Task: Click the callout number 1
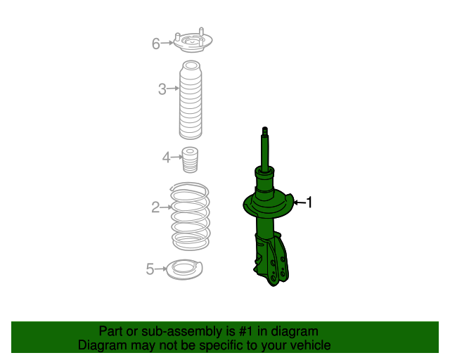click(x=308, y=202)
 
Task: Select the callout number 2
click(x=155, y=207)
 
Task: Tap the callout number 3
click(x=162, y=89)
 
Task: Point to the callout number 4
click(x=167, y=157)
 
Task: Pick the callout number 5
click(x=150, y=268)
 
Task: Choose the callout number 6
click(x=155, y=44)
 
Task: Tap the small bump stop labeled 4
click(x=190, y=160)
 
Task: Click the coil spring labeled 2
click(x=191, y=215)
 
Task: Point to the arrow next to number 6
click(x=167, y=44)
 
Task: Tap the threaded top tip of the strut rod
click(x=265, y=130)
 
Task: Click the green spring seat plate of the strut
click(x=267, y=206)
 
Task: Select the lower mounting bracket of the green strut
click(x=274, y=260)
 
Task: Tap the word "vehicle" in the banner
click(x=309, y=345)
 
